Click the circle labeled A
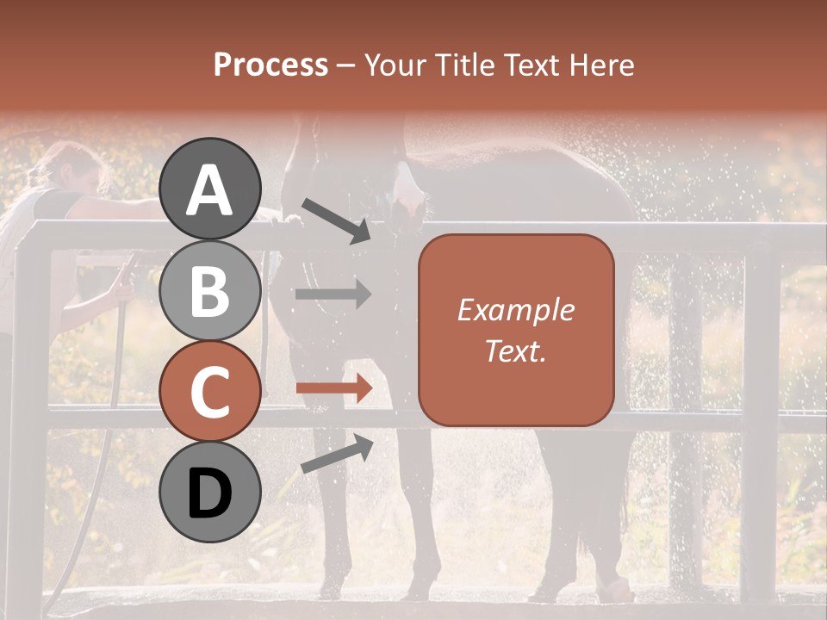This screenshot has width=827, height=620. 210,189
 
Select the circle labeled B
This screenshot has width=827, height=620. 210,290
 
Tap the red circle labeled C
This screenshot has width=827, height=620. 210,392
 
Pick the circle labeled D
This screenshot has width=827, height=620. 210,493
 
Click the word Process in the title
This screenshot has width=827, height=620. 270,65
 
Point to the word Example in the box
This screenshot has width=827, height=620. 515,310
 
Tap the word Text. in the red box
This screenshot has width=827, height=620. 515,350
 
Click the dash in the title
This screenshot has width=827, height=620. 346,65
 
